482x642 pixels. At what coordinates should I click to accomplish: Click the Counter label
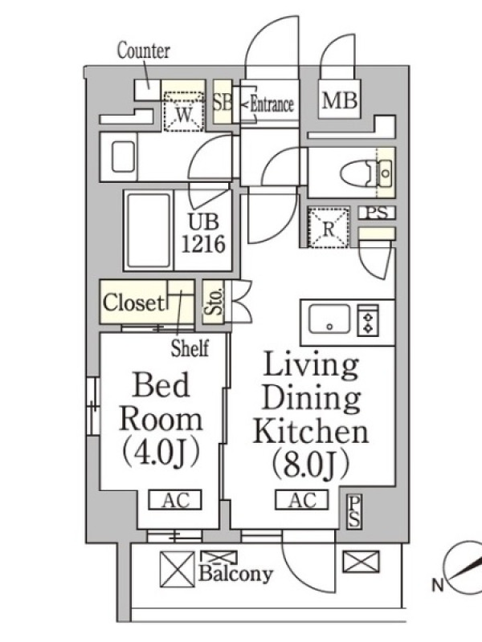pyautogui.click(x=144, y=51)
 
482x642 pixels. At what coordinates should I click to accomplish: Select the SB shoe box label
pyautogui.click(x=223, y=102)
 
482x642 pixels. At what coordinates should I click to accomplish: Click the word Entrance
pyautogui.click(x=272, y=104)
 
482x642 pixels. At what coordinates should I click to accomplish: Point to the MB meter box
pyautogui.click(x=340, y=99)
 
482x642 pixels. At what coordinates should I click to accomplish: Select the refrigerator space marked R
pyautogui.click(x=329, y=228)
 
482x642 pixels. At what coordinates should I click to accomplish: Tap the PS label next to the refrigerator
pyautogui.click(x=377, y=213)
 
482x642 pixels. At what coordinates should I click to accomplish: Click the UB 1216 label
pyautogui.click(x=203, y=233)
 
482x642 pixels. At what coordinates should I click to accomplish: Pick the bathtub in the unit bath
pyautogui.click(x=149, y=230)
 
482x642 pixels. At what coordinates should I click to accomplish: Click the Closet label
pyautogui.click(x=133, y=303)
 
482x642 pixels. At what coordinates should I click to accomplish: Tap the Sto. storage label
pyautogui.click(x=214, y=302)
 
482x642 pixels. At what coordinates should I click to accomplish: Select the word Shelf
pyautogui.click(x=190, y=348)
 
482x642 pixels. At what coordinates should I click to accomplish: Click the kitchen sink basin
pyautogui.click(x=329, y=319)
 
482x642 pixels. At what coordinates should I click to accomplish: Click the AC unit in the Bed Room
pyautogui.click(x=175, y=500)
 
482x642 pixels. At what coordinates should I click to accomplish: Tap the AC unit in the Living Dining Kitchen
pyautogui.click(x=302, y=500)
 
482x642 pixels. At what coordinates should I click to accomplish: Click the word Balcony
pyautogui.click(x=235, y=574)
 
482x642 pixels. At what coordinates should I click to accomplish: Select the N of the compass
pyautogui.click(x=438, y=586)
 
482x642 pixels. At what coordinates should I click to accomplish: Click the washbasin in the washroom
pyautogui.click(x=123, y=156)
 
